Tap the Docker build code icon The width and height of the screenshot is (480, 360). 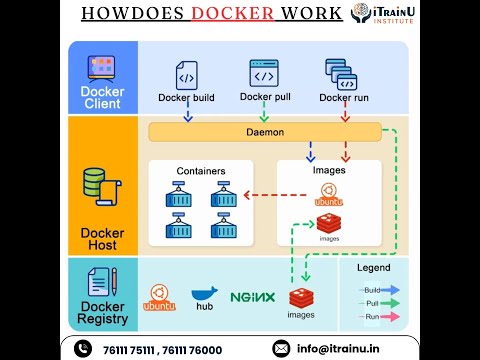[x=187, y=75]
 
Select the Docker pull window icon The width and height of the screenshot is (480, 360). [x=264, y=73]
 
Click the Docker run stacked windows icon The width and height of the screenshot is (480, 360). [x=341, y=74]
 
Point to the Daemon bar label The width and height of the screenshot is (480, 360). [x=266, y=132]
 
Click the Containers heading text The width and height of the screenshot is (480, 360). [x=201, y=171]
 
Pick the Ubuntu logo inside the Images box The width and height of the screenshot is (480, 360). [x=329, y=200]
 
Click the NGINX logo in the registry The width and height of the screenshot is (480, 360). [x=252, y=297]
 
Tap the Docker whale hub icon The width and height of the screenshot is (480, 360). [x=204, y=295]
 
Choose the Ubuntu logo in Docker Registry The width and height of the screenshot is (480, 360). [x=159, y=296]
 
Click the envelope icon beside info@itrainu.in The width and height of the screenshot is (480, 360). [x=281, y=348]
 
